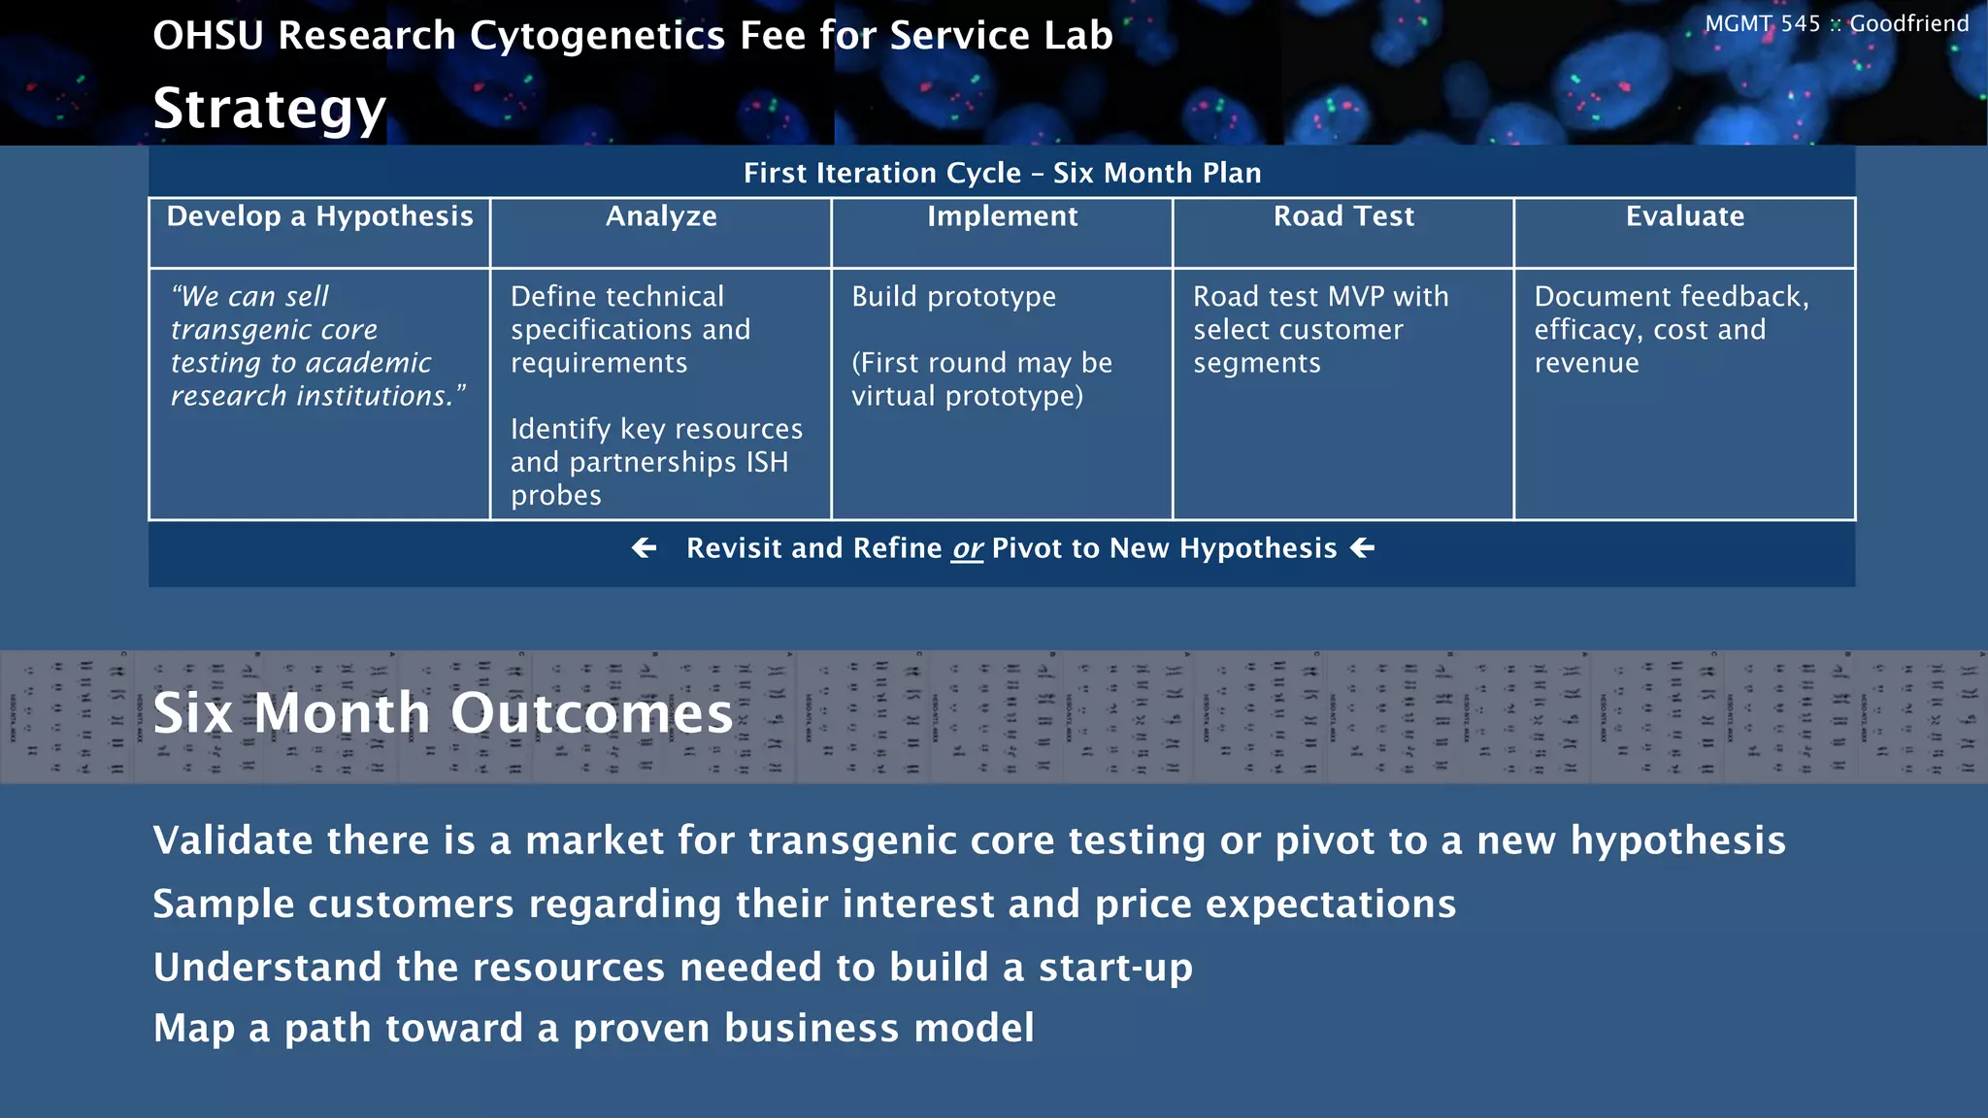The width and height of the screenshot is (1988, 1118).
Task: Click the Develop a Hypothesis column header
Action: click(319, 216)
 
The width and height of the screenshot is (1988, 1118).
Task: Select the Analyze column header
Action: click(661, 216)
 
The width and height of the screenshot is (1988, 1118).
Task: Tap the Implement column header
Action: click(1002, 216)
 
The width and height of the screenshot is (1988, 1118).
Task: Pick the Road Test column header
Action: click(1343, 216)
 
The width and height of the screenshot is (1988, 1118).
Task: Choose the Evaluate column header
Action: click(1684, 216)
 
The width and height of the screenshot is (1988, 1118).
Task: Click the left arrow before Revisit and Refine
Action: click(644, 548)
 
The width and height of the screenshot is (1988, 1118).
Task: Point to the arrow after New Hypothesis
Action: click(1363, 548)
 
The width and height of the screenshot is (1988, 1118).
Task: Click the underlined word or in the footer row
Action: click(967, 549)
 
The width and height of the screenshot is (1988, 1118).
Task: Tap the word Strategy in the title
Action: click(270, 109)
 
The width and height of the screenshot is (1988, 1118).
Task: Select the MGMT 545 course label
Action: click(1762, 24)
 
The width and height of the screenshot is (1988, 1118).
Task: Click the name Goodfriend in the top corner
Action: click(1908, 24)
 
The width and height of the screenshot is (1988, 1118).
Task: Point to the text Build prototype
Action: click(953, 297)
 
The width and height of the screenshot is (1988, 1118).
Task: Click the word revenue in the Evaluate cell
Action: click(1586, 363)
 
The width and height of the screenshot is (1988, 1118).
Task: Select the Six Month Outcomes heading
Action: click(443, 713)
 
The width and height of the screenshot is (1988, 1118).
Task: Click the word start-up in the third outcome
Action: click(1115, 968)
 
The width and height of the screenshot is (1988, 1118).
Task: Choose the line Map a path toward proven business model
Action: click(593, 1029)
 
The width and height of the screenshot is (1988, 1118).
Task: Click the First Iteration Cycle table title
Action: click(1002, 173)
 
